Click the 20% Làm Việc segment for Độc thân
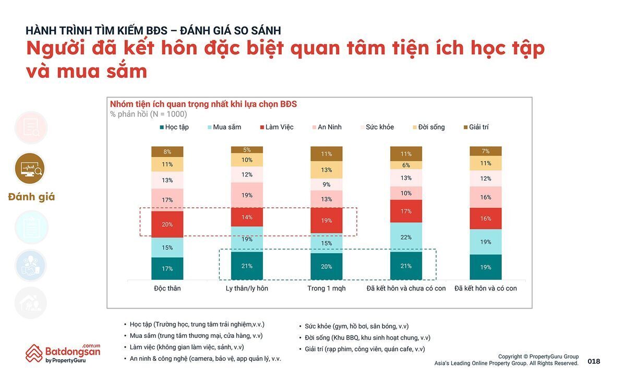pyautogui.click(x=167, y=225)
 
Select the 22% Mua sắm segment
pyautogui.click(x=406, y=238)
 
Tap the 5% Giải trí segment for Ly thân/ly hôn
pyautogui.click(x=247, y=150)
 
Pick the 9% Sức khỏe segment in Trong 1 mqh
pyautogui.click(x=327, y=184)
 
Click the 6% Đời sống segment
pyautogui.click(x=406, y=165)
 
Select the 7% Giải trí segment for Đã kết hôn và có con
pyautogui.click(x=485, y=151)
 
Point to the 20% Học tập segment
pyautogui.click(x=327, y=266)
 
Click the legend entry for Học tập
pyautogui.click(x=174, y=127)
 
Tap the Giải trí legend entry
pyautogui.click(x=475, y=127)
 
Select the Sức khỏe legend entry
pyautogui.click(x=376, y=127)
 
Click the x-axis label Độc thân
pyautogui.click(x=167, y=288)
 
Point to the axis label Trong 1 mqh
pyautogui.click(x=327, y=288)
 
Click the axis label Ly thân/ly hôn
pyautogui.click(x=247, y=288)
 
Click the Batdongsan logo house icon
pyautogui.click(x=34, y=353)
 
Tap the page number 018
pyautogui.click(x=594, y=361)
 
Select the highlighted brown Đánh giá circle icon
pyautogui.click(x=30, y=168)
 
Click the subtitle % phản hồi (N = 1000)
pyautogui.click(x=149, y=114)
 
